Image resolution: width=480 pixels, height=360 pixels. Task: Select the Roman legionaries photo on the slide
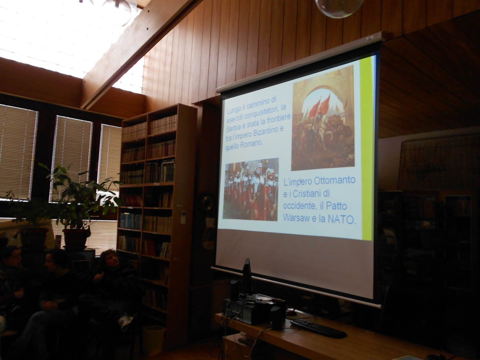251,189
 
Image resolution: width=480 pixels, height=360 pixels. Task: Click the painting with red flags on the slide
323,118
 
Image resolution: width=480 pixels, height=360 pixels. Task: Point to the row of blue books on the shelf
131,221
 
